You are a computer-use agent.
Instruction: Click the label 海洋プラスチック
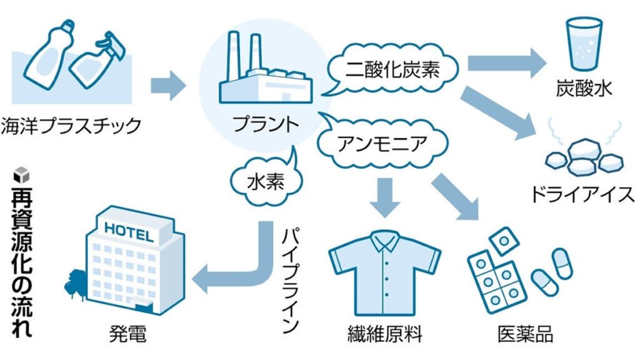coord(72,125)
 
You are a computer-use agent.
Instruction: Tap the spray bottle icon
coord(94,60)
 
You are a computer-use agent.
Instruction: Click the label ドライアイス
coord(582,195)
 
